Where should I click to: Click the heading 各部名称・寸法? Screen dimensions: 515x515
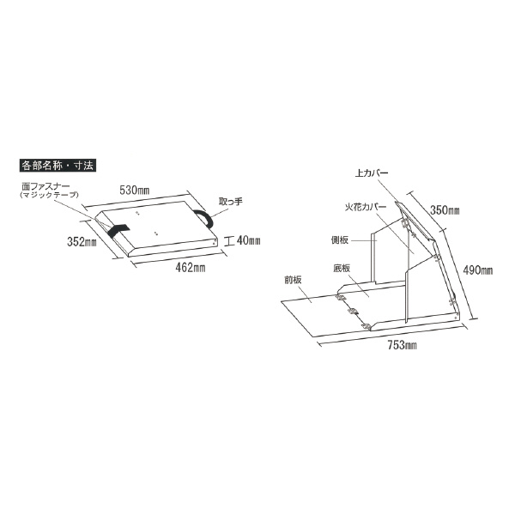click(x=58, y=165)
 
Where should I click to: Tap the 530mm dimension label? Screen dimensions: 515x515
click(x=135, y=191)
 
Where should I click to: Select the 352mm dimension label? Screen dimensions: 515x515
click(x=82, y=242)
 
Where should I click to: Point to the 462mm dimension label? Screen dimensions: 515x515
click(x=191, y=268)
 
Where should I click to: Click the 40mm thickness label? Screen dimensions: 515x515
click(x=249, y=240)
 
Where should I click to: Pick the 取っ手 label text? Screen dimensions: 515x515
click(x=231, y=201)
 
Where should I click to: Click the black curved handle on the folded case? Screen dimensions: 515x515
click(x=204, y=217)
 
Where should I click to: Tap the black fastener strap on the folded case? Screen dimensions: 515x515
click(x=118, y=229)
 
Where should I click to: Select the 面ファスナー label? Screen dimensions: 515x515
click(x=45, y=187)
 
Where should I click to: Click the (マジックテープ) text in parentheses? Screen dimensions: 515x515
click(x=49, y=195)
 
